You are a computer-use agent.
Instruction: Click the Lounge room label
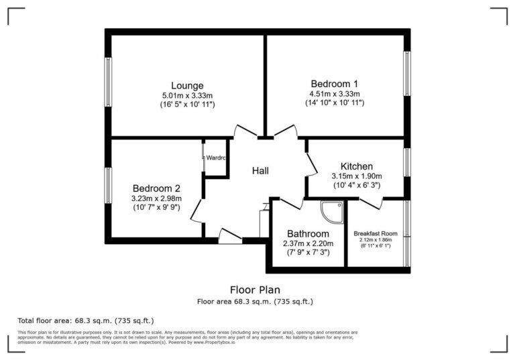click(x=187, y=85)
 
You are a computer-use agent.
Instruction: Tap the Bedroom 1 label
click(x=335, y=83)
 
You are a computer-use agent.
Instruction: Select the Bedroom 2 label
click(x=156, y=188)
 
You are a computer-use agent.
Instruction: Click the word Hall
click(x=260, y=171)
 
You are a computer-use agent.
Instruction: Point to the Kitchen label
click(x=357, y=166)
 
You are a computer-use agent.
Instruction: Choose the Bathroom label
click(x=308, y=233)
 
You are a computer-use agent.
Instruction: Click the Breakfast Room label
click(x=375, y=233)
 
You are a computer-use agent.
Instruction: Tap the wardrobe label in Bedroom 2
click(x=215, y=159)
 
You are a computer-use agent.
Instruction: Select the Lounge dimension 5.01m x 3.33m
click(x=187, y=95)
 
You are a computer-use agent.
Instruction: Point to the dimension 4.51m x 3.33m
click(x=335, y=94)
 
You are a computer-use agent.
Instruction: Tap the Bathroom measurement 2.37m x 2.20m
click(x=308, y=243)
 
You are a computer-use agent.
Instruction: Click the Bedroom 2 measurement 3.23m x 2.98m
click(x=156, y=198)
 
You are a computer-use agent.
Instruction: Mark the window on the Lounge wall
click(x=108, y=82)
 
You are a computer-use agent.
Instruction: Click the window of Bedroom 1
click(x=406, y=74)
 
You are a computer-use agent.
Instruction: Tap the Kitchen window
click(x=406, y=162)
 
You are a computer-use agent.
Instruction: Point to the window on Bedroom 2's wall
click(x=108, y=185)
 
